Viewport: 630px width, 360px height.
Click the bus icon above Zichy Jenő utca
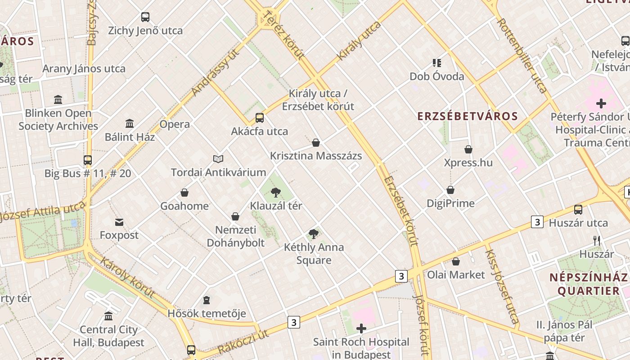(145, 17)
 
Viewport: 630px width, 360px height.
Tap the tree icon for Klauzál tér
(276, 193)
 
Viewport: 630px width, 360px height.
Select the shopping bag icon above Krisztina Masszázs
(316, 143)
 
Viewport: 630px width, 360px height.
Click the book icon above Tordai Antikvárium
(218, 159)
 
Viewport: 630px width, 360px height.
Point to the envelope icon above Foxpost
(119, 222)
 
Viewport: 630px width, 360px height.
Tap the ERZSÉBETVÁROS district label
(468, 116)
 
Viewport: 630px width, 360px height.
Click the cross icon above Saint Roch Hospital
(361, 328)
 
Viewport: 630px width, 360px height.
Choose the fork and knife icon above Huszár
(597, 241)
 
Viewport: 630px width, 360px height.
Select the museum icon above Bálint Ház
(130, 123)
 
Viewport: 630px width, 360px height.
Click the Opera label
(175, 124)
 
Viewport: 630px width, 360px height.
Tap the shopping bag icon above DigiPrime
(450, 190)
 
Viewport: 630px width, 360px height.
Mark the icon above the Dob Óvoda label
(436, 63)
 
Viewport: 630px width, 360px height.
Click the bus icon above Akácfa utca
(260, 118)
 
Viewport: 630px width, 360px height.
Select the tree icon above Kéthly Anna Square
(314, 234)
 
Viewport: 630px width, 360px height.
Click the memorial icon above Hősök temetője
(207, 300)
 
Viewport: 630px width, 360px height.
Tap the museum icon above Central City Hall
(108, 316)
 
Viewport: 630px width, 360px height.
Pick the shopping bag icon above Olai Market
(456, 261)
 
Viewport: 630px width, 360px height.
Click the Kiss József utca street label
(502, 286)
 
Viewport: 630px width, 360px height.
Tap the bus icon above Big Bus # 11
(88, 160)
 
